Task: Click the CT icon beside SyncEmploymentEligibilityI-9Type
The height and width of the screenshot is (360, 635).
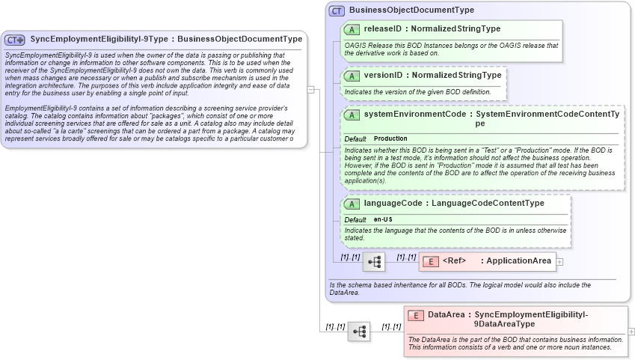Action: pos(15,39)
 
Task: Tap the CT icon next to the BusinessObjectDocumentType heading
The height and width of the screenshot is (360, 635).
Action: pos(337,10)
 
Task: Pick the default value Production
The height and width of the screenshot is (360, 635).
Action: pos(391,139)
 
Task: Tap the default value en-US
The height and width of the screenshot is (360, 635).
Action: pos(383,219)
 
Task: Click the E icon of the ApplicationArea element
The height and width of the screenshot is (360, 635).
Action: pos(430,261)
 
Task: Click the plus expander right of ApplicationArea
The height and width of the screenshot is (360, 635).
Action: pos(559,261)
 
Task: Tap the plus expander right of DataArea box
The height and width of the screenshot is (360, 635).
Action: pos(631,331)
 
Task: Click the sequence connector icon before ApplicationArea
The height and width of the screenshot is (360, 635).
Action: pos(374,262)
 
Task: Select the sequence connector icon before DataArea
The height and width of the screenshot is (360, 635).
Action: pos(359,331)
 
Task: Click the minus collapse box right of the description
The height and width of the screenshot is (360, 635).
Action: pos(311,89)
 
